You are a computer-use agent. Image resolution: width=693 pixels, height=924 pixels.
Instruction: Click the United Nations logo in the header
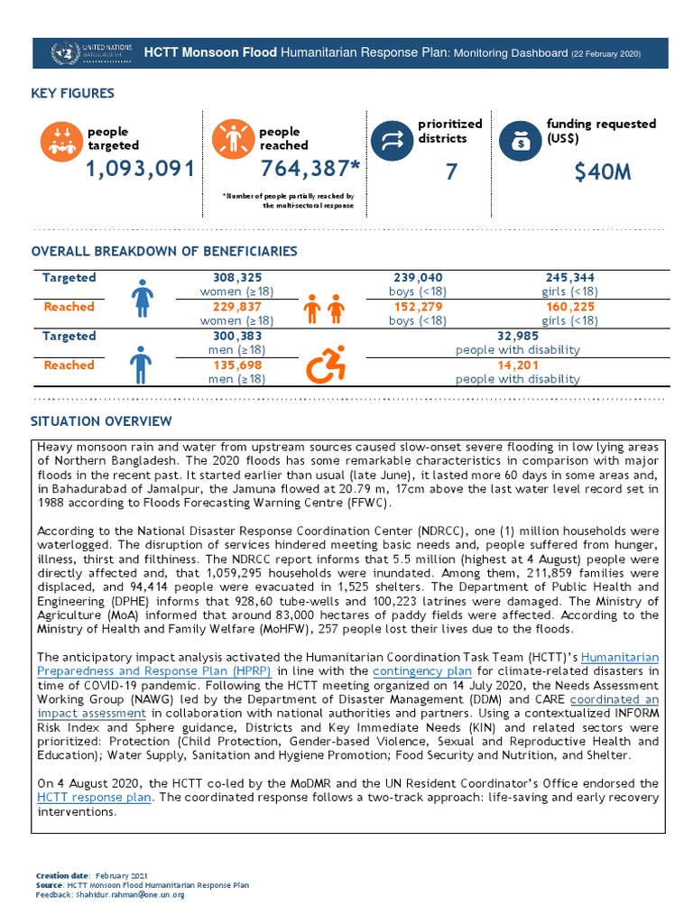pos(65,53)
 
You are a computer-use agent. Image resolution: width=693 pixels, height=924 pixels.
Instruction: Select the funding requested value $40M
pos(602,171)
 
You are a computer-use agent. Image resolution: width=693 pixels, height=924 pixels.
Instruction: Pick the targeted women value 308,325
pos(236,278)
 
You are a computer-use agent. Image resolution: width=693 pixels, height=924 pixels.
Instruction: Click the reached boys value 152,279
pos(418,307)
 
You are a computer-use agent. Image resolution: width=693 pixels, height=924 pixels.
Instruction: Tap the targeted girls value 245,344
pos(569,278)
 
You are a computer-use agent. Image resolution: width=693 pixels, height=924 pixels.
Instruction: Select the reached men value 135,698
pos(236,365)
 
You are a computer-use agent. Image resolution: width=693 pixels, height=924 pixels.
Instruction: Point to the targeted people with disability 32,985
pos(518,336)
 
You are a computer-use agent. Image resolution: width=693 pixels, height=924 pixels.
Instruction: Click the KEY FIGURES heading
pos(72,94)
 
